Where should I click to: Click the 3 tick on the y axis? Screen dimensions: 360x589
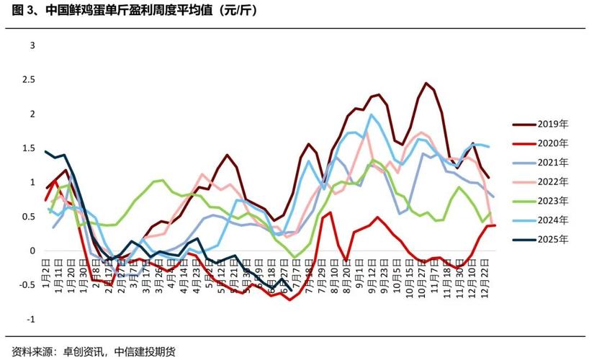[x=32, y=45]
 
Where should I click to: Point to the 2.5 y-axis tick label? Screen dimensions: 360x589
[x=29, y=80]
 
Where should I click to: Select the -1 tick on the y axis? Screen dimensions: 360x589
[x=30, y=319]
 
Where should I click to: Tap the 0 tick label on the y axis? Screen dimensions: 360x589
[x=32, y=251]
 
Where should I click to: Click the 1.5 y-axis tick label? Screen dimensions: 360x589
[x=29, y=148]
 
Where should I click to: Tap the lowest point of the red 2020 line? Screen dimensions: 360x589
[x=290, y=300]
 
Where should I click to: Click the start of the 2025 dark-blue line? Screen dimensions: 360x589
[x=45, y=151]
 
